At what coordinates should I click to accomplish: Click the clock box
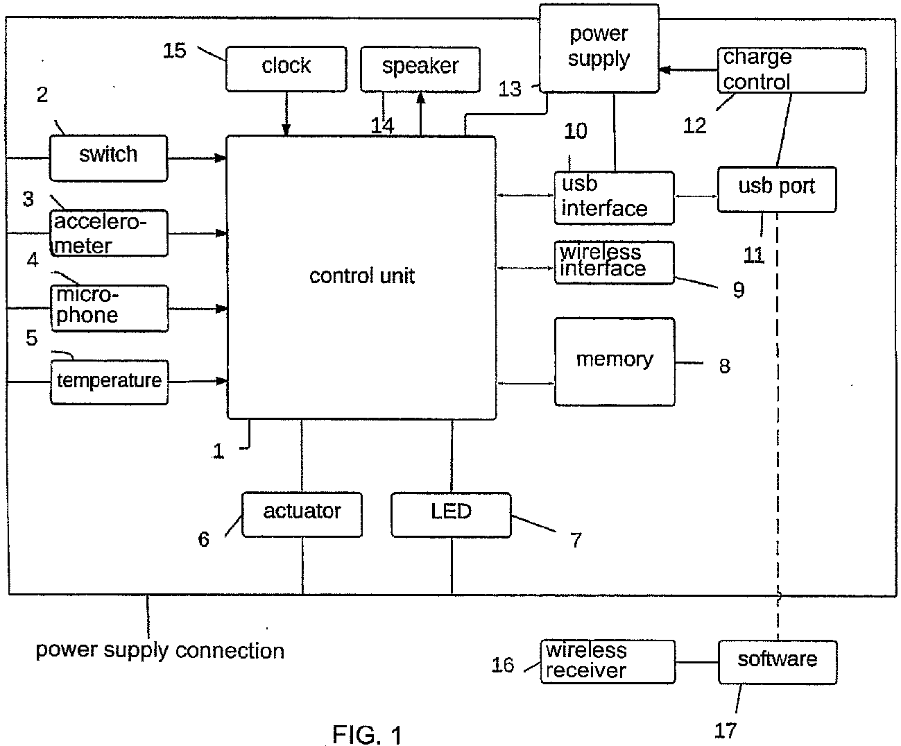286,68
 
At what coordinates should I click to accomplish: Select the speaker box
420,68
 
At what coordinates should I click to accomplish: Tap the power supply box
599,48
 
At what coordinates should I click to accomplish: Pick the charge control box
791,70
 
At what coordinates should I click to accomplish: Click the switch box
108,158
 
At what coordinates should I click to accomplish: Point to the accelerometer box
108,233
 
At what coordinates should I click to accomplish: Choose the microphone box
108,307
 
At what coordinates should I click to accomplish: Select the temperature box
108,381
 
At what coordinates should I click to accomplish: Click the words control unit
361,276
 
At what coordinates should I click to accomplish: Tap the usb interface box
613,198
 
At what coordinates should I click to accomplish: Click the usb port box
776,188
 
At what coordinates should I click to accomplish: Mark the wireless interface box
613,262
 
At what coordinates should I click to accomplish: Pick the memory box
614,362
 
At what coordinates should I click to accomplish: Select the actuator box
302,514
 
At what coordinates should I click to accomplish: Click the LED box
451,514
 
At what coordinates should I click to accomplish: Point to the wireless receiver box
607,661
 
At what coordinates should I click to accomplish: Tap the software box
777,661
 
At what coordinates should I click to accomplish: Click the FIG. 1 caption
367,734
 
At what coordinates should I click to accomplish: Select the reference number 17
725,730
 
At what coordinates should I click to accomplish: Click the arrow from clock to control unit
286,114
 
